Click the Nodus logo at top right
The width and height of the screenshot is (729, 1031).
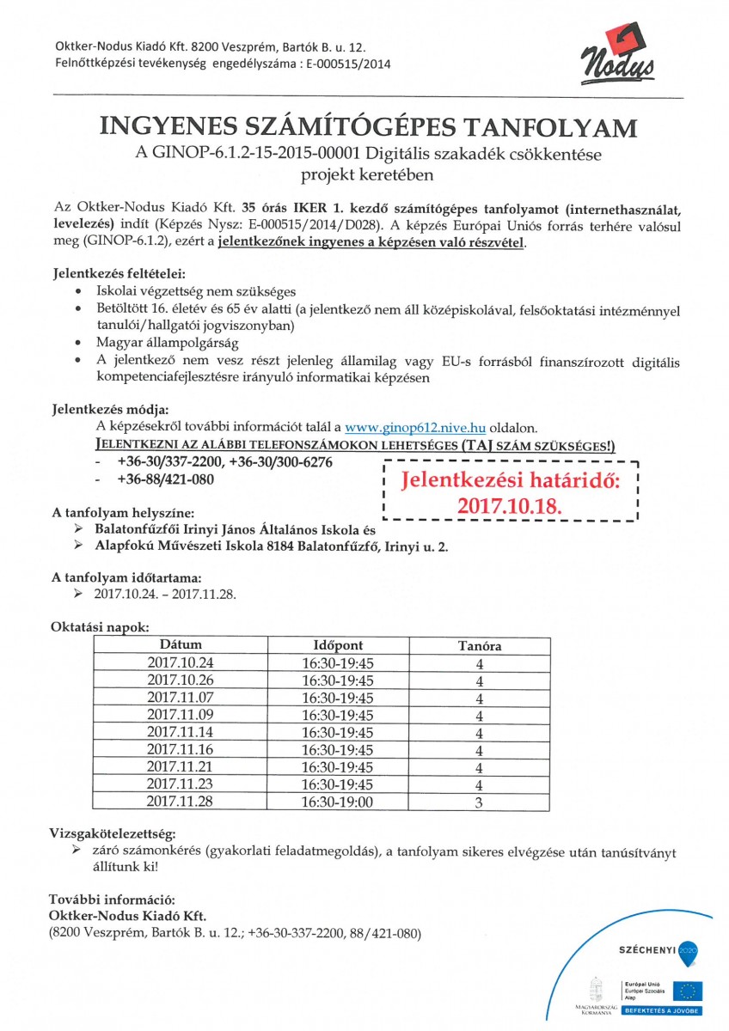tap(622, 57)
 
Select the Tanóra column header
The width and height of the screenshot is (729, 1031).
tap(479, 644)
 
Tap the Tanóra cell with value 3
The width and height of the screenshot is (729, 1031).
tap(479, 802)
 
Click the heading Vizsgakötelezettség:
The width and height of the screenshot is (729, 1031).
tap(113, 833)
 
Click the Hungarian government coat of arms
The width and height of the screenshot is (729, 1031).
tap(594, 985)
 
